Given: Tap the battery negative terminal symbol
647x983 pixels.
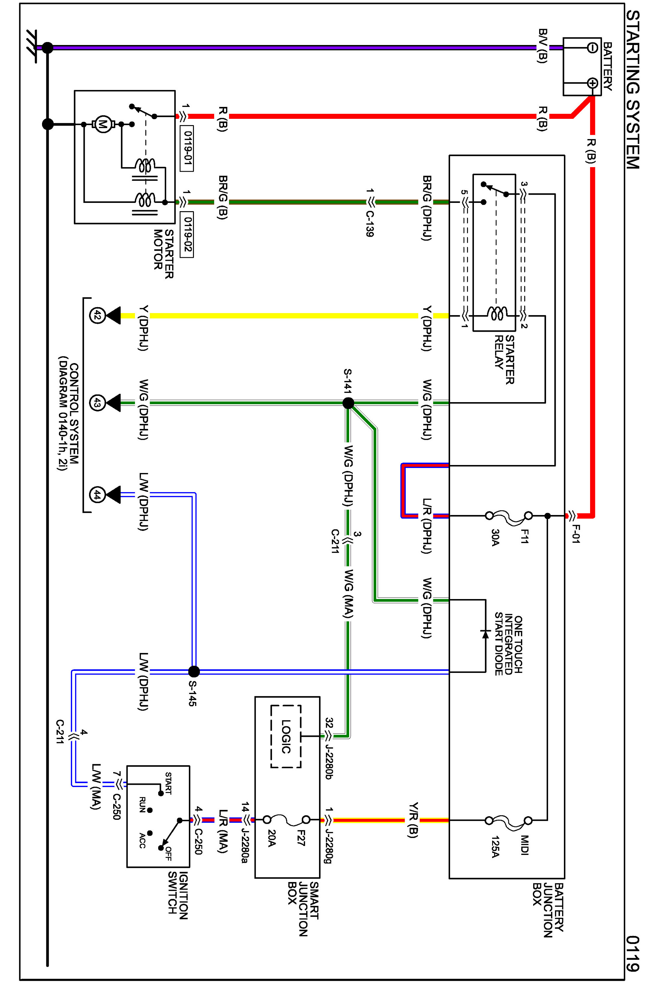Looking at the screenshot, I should (x=592, y=48).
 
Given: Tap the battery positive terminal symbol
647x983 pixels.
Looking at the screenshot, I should (x=592, y=83).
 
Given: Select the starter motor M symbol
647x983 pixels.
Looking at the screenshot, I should (x=102, y=124).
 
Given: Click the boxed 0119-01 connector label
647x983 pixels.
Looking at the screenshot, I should (x=187, y=148).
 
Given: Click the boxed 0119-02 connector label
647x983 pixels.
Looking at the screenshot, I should (x=187, y=234).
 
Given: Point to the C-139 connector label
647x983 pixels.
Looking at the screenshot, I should (x=370, y=224).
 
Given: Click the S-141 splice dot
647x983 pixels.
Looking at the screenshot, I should (x=348, y=403).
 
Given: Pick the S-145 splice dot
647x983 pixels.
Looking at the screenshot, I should (x=194, y=672).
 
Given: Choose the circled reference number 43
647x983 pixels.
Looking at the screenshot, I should (x=97, y=403).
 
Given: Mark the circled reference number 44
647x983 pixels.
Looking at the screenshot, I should (x=97, y=494).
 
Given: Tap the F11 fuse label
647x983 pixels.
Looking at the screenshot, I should (x=524, y=536).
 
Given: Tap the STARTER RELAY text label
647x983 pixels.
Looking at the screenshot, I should (x=504, y=359).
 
